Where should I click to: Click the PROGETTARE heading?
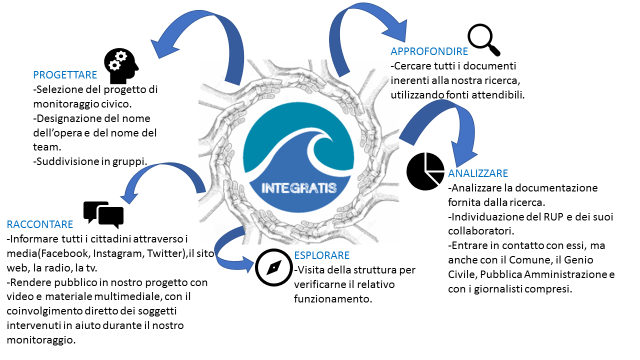click(65, 75)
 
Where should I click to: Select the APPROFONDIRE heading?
click(429, 51)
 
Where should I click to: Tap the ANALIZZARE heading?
click(478, 173)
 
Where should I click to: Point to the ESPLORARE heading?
click(321, 255)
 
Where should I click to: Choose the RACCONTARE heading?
click(40, 224)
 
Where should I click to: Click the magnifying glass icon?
click(483, 39)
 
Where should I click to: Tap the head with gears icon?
click(121, 65)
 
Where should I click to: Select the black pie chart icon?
click(425, 171)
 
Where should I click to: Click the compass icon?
click(273, 267)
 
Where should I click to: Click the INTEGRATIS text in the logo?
click(299, 188)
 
